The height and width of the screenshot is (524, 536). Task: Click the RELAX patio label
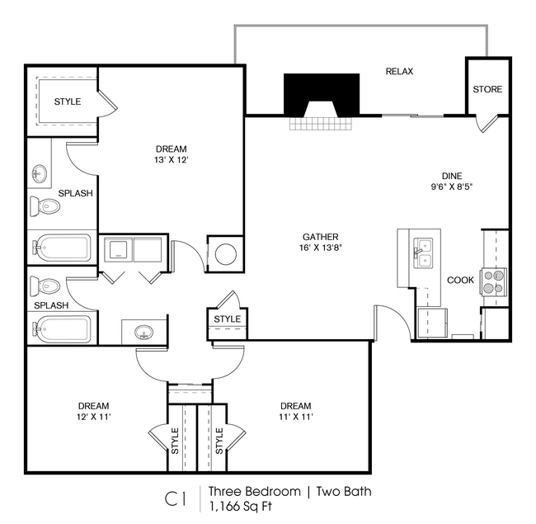tap(399, 72)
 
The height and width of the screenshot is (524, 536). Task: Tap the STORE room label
tap(487, 89)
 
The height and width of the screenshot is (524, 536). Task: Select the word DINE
tap(451, 175)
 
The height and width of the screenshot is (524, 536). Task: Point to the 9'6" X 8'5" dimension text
tap(451, 186)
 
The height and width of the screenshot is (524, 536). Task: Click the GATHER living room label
tap(320, 237)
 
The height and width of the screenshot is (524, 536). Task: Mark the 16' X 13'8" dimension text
tap(320, 248)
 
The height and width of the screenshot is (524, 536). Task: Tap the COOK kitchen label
tap(460, 280)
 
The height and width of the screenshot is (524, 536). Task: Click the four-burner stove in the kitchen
tap(493, 282)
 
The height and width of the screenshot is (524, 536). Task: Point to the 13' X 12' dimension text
tap(171, 161)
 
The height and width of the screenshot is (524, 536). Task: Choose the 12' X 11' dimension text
tap(93, 418)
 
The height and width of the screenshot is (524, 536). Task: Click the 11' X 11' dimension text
tap(295, 418)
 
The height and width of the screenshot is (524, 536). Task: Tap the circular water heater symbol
tap(225, 254)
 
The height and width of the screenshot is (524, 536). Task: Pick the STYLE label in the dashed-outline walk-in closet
tap(68, 101)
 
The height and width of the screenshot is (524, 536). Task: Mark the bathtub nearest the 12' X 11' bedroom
tap(61, 330)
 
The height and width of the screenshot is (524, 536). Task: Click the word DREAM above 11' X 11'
tap(295, 406)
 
